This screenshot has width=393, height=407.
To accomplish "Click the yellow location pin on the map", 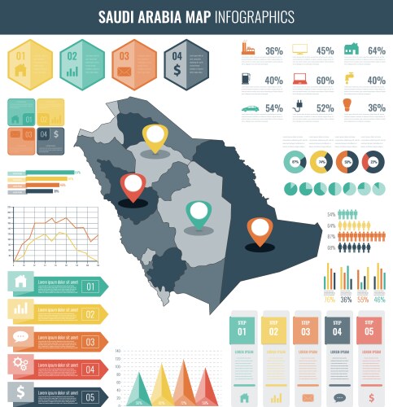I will [x=154, y=137].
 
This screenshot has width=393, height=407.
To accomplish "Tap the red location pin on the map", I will [x=132, y=186].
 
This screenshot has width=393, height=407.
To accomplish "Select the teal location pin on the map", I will [x=198, y=214].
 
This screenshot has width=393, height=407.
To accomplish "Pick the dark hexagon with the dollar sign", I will [x=187, y=63].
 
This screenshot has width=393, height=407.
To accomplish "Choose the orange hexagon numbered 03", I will [x=134, y=63].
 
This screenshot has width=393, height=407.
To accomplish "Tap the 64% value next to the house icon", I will [x=376, y=50].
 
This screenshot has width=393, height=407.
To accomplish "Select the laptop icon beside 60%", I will [x=299, y=80].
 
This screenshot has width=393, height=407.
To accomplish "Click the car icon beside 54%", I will [x=248, y=107].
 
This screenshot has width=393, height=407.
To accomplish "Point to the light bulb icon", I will [x=347, y=106].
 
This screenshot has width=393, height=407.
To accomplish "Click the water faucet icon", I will [x=350, y=78].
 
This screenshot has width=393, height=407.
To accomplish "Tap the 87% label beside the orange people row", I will [x=332, y=237].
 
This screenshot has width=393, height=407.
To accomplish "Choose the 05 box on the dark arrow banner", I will [x=90, y=397].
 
